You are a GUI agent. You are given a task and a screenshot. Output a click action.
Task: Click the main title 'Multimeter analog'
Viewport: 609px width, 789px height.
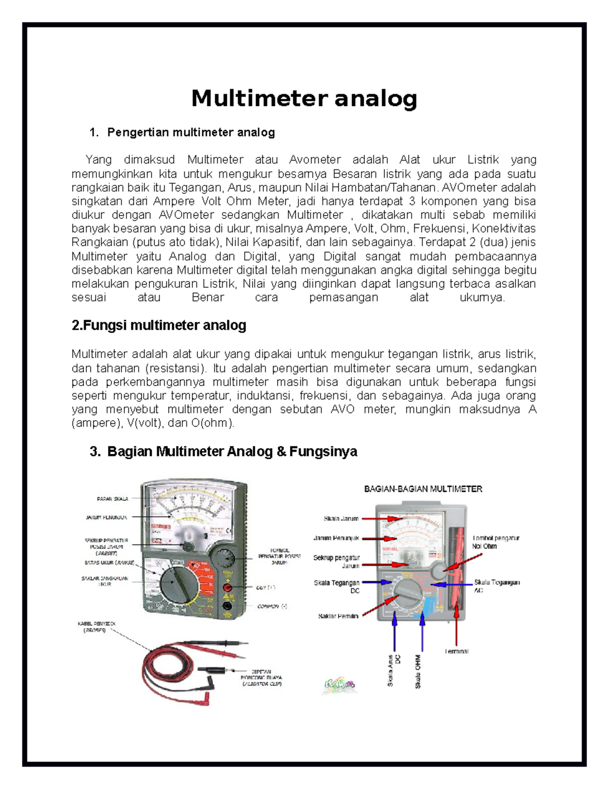pyautogui.click(x=304, y=99)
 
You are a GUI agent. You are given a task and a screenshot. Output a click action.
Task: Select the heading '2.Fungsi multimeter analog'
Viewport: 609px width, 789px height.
pyautogui.click(x=159, y=325)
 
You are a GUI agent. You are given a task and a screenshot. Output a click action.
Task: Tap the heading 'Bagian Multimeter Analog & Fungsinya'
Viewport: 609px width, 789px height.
pyautogui.click(x=232, y=451)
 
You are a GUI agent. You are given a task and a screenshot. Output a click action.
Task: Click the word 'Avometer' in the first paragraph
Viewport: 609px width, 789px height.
pyautogui.click(x=315, y=160)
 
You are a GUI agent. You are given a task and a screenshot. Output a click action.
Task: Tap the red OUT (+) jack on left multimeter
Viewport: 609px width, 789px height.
pyautogui.click(x=228, y=588)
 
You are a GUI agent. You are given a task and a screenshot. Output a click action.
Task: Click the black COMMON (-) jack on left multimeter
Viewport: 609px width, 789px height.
pyautogui.click(x=228, y=606)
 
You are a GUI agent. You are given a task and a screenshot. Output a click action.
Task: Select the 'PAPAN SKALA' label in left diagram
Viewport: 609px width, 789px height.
pyautogui.click(x=113, y=499)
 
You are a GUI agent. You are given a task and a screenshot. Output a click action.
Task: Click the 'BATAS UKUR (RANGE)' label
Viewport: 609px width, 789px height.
pyautogui.click(x=110, y=563)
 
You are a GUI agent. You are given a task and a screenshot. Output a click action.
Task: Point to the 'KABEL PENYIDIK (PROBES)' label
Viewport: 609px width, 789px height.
pyautogui.click(x=94, y=627)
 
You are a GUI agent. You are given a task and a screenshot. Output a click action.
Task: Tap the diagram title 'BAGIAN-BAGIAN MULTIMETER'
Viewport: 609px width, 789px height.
pyautogui.click(x=423, y=489)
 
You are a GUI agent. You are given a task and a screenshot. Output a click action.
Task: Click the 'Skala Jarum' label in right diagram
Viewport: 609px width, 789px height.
pyautogui.click(x=341, y=519)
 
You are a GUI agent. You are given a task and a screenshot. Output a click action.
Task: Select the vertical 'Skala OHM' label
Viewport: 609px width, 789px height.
pyautogui.click(x=418, y=671)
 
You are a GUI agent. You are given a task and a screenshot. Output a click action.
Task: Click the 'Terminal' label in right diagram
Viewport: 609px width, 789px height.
pyautogui.click(x=456, y=651)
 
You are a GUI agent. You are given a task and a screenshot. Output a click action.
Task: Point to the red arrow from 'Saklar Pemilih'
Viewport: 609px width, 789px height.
pyautogui.click(x=381, y=606)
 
